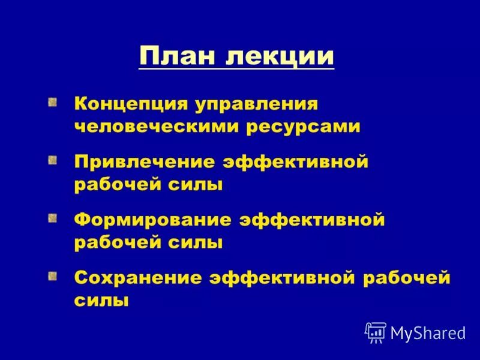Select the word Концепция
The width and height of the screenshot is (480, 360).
click(x=130, y=104)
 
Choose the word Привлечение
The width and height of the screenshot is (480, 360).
click(x=145, y=162)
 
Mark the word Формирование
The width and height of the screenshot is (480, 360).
click(x=153, y=220)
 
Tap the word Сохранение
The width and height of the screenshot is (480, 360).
click(x=137, y=277)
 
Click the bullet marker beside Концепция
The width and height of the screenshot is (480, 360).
click(x=53, y=103)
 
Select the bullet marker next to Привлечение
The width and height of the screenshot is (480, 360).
click(x=53, y=161)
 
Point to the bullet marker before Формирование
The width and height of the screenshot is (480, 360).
click(x=53, y=218)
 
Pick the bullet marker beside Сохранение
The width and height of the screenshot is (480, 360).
click(x=53, y=276)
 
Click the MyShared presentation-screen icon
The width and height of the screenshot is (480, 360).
click(x=376, y=332)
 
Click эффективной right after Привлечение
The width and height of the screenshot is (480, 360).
click(x=295, y=162)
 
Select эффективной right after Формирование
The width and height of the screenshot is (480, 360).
click(x=312, y=220)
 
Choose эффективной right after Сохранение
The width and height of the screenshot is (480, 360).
click(x=280, y=277)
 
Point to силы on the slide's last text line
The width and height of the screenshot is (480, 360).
click(x=101, y=300)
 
